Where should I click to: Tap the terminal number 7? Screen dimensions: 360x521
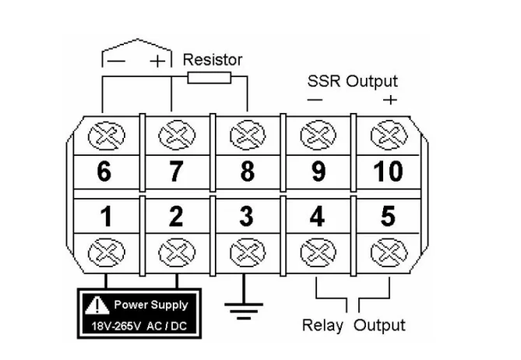[x=176, y=172]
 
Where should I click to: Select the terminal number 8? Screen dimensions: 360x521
[x=247, y=172]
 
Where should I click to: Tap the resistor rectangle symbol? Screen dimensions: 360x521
[x=209, y=76]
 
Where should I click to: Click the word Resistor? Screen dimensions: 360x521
[x=213, y=59]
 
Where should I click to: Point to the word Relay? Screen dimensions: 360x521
[x=322, y=324]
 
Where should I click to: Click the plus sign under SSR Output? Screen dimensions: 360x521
[x=390, y=99]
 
